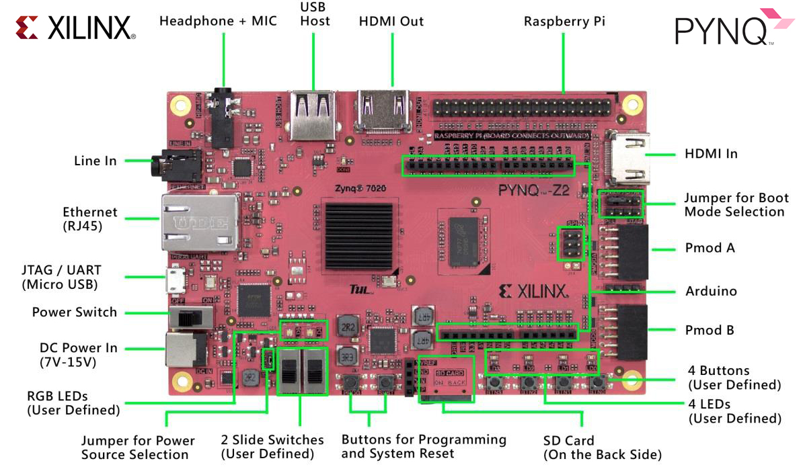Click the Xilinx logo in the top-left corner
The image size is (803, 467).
(x=75, y=28)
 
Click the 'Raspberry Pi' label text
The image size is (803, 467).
(x=564, y=22)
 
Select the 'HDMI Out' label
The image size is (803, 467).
(x=391, y=22)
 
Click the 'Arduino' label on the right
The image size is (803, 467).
(x=711, y=291)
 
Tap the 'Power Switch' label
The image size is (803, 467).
(x=75, y=312)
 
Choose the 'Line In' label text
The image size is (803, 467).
(x=95, y=161)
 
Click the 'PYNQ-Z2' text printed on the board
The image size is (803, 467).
(x=534, y=190)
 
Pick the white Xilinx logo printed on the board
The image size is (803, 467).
(x=535, y=291)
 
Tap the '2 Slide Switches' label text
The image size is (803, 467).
(x=272, y=440)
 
